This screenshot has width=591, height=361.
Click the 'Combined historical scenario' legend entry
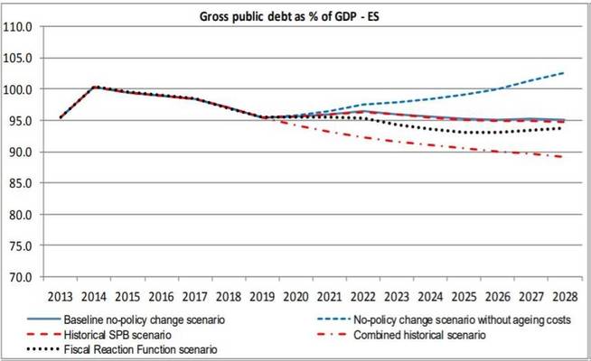417,335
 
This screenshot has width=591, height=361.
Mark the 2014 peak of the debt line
94,88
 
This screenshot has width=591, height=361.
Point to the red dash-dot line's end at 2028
566,157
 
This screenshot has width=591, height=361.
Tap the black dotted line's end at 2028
566,128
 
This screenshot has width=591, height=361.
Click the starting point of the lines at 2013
61,117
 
